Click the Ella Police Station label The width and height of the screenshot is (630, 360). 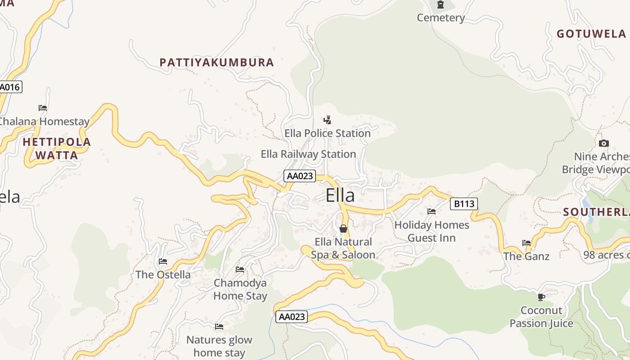click(x=327, y=133)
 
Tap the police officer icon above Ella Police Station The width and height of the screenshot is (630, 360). click(x=327, y=120)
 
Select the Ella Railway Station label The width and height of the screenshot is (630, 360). click(x=308, y=154)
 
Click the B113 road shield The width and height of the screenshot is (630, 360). click(x=463, y=204)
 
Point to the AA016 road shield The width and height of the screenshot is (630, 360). click(x=10, y=87)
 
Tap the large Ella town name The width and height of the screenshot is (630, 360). click(x=340, y=195)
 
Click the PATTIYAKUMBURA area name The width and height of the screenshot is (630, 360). click(x=216, y=63)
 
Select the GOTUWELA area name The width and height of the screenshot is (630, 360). click(x=591, y=34)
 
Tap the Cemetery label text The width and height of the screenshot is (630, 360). click(x=441, y=18)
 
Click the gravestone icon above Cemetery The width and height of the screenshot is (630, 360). click(x=440, y=5)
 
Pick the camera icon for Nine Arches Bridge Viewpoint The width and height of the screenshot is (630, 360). click(x=604, y=144)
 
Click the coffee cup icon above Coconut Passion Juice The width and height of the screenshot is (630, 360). click(x=541, y=297)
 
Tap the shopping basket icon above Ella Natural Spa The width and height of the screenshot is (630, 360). click(x=343, y=229)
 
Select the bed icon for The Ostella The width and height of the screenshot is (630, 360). click(x=163, y=261)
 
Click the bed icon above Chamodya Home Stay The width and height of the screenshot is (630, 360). click(x=240, y=270)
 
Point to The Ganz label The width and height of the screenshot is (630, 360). click(x=526, y=256)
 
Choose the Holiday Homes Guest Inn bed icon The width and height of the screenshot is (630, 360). click(x=432, y=211)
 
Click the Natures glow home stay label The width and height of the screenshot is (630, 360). click(x=219, y=346)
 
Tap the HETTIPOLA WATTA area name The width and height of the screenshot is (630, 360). click(x=57, y=148)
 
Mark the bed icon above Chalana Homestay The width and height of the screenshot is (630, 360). click(x=43, y=108)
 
